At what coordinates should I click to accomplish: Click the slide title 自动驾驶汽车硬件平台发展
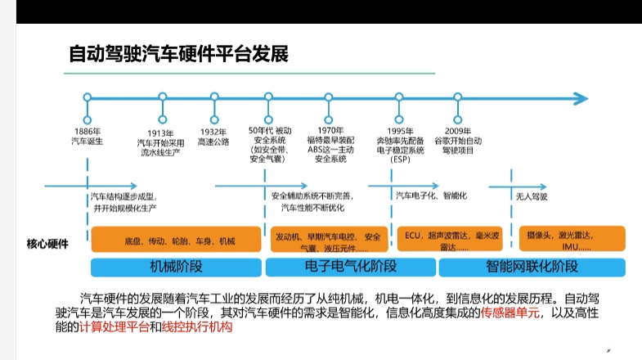[x=177, y=55]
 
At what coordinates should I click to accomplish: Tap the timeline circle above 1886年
[x=87, y=97]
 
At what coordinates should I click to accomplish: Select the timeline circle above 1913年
[x=162, y=97]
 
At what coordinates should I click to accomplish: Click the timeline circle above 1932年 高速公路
[x=215, y=97]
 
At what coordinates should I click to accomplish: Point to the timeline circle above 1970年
[x=330, y=97]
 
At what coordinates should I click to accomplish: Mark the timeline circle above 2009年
[x=458, y=97]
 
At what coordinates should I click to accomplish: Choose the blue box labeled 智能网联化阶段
[x=532, y=267]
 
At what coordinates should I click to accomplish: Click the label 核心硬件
[x=47, y=243]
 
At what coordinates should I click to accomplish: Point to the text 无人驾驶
[x=532, y=197]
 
